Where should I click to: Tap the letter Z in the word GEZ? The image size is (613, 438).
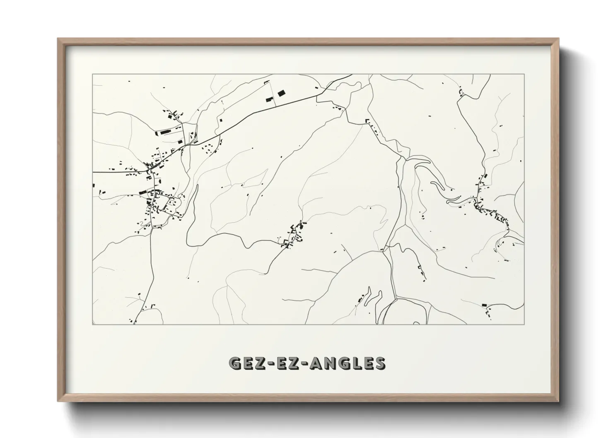point(260,363)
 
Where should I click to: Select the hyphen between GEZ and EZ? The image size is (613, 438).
point(271,364)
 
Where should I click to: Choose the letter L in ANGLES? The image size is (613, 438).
point(357,363)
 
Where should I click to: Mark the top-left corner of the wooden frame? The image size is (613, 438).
point(58,39)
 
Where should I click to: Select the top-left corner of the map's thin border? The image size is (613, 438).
point(92,75)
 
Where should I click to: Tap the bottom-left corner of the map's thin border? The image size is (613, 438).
point(92,324)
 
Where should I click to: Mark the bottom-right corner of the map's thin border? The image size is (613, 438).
point(524,324)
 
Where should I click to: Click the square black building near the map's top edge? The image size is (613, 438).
point(281,93)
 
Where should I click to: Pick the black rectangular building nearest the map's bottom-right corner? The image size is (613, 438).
point(484,305)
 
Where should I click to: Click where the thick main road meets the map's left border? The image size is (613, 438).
point(93,171)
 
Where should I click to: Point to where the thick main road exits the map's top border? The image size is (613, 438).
point(351,75)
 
